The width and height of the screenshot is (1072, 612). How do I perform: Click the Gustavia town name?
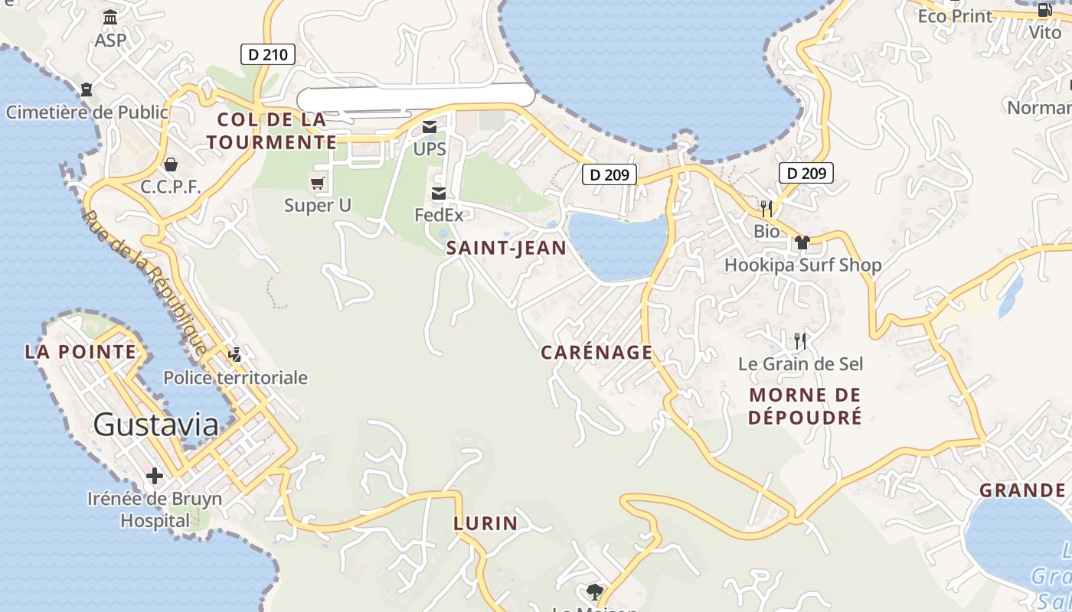(x=156, y=425)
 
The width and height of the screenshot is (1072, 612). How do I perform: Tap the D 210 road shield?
(x=268, y=54)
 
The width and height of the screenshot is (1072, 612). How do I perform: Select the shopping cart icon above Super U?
(x=317, y=183)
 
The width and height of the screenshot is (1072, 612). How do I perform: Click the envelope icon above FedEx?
(x=439, y=193)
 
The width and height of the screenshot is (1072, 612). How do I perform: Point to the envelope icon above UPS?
(x=430, y=127)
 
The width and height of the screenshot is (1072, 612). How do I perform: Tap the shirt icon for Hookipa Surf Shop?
(x=802, y=243)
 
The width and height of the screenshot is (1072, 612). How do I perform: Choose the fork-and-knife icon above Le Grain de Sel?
(x=800, y=340)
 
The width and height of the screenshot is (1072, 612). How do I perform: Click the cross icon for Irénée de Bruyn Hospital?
(x=155, y=476)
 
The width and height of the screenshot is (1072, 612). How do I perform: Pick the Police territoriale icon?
(x=235, y=354)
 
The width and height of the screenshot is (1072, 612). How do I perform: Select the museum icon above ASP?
(x=110, y=17)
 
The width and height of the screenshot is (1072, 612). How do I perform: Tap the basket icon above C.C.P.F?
(x=170, y=164)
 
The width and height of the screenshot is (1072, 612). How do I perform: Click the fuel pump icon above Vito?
(x=1045, y=10)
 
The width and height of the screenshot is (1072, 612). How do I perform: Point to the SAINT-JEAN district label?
(x=506, y=248)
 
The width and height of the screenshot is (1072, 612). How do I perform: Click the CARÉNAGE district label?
(x=596, y=353)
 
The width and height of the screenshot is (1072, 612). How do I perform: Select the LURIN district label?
(x=485, y=524)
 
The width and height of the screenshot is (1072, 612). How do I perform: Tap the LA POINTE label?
(x=80, y=353)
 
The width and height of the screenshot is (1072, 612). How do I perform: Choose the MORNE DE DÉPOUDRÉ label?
(x=805, y=406)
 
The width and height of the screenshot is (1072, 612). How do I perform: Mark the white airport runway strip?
(x=415, y=96)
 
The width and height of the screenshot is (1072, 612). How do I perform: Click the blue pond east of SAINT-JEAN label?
(x=618, y=243)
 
